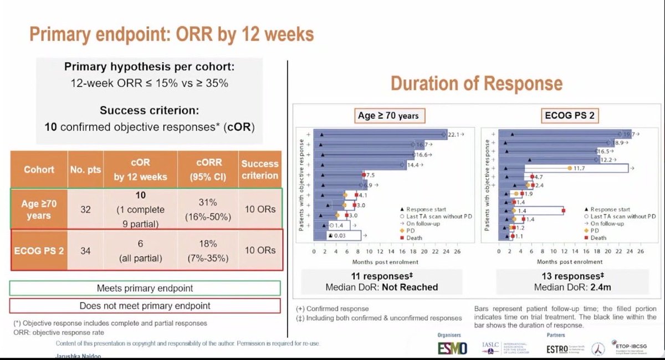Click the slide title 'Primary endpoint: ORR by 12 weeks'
tap(171, 34)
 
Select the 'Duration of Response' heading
tap(476, 83)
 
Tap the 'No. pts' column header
tap(85, 169)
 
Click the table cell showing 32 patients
tap(85, 210)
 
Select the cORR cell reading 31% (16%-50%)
tap(208, 210)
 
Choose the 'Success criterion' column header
tap(259, 169)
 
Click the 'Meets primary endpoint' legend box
tap(145, 289)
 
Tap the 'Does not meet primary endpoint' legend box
tap(145, 306)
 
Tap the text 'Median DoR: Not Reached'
tap(383, 287)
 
